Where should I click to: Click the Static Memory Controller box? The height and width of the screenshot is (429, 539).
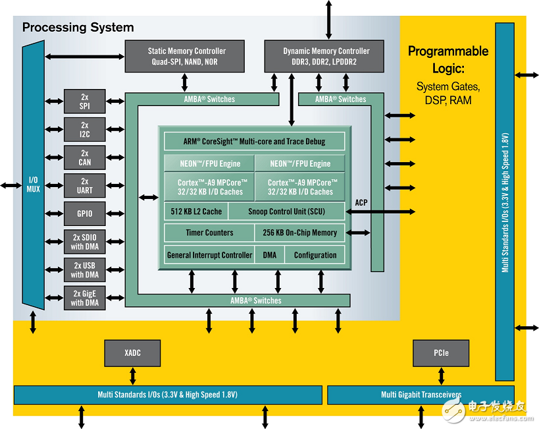click(186, 56)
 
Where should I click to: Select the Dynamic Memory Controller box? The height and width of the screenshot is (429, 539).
click(326, 56)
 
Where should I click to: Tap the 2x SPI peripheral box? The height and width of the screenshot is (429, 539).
click(85, 101)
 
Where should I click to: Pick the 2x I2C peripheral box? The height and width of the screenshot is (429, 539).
click(85, 129)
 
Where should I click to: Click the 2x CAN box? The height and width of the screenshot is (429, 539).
click(85, 157)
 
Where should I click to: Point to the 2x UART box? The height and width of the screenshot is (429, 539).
click(85, 186)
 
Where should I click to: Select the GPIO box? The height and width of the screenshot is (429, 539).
click(85, 214)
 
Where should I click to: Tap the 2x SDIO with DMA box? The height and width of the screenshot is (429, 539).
click(85, 242)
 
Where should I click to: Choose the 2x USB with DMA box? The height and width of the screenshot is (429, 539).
click(85, 270)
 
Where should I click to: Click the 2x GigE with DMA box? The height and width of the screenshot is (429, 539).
click(85, 298)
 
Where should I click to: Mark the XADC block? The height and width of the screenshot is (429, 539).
click(132, 353)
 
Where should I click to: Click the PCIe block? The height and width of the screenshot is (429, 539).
click(441, 353)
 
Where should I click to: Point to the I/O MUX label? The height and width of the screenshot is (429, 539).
click(33, 185)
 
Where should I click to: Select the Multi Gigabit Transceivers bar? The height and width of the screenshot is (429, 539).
click(421, 395)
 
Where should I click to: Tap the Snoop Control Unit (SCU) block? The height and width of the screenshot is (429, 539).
click(286, 212)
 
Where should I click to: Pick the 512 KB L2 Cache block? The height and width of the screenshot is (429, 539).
click(195, 212)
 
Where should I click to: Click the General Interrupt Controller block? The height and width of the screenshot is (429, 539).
click(209, 255)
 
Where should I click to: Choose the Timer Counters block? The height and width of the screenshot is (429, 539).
click(209, 233)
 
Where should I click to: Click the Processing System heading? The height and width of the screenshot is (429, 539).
click(78, 28)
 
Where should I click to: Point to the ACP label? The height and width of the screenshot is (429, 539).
click(361, 203)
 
